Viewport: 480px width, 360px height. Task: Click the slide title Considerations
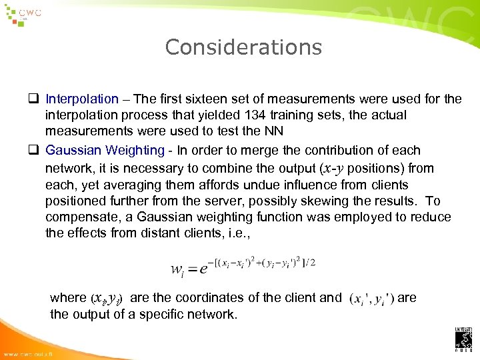(x=243, y=47)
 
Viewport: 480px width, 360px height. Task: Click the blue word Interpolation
(x=82, y=99)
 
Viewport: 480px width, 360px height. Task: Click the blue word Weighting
(x=131, y=151)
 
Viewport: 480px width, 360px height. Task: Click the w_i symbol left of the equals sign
(x=177, y=269)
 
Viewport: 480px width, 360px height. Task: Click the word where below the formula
(x=67, y=298)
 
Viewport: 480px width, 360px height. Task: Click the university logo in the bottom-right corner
(x=463, y=340)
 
